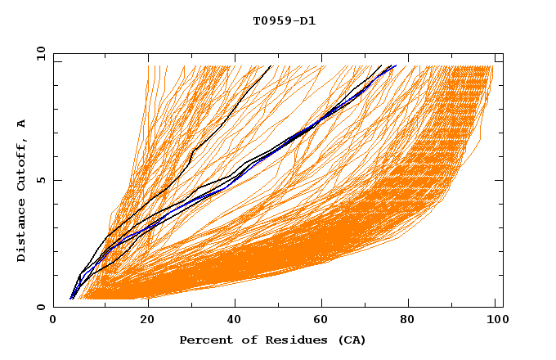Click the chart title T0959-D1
coord(284,21)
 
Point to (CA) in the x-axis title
coord(351,340)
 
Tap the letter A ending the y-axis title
coord(21,123)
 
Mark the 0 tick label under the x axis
coord(53,321)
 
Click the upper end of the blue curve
coord(396,66)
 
